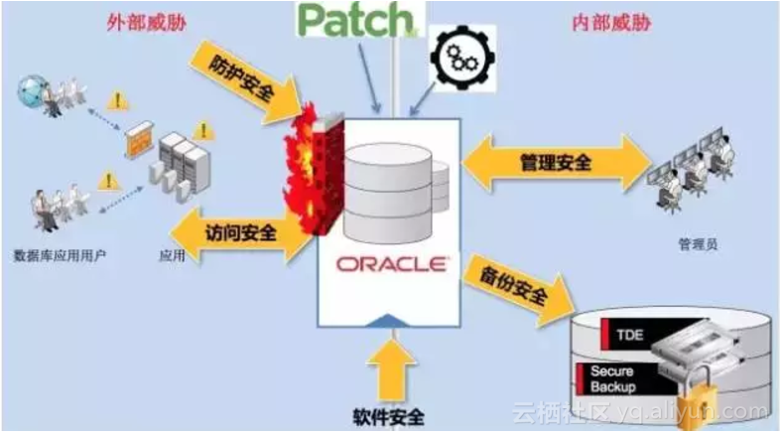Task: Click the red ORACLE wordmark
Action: (x=391, y=265)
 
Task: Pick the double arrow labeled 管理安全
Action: (x=556, y=162)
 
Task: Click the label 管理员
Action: (x=692, y=242)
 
